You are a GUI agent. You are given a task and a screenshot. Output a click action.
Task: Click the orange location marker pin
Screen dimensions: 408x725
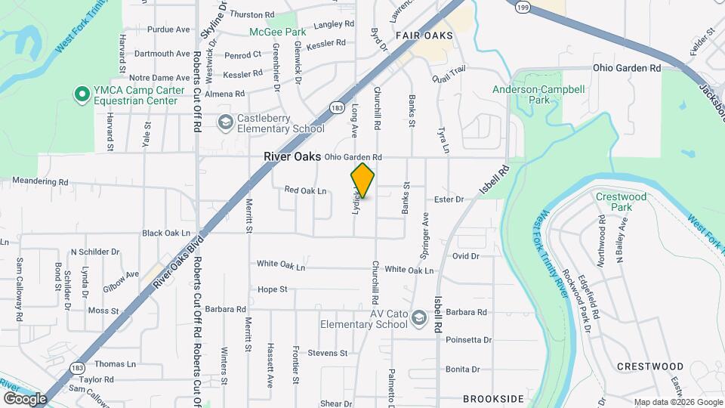(362, 181)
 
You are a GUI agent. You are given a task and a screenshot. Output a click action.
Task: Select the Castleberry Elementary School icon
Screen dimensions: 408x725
(224, 122)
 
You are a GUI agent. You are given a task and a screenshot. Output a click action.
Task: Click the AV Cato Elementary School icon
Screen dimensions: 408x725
(418, 318)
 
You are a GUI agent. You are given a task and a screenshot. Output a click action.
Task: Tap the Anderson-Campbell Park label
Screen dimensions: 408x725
(538, 94)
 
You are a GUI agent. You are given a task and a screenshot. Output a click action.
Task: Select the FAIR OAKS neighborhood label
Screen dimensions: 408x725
(424, 36)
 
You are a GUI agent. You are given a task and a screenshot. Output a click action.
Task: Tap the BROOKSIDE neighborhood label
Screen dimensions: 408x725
(493, 398)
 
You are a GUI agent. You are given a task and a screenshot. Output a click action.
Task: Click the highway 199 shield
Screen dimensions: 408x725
(522, 7)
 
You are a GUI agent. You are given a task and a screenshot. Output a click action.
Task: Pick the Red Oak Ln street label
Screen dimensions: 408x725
(305, 191)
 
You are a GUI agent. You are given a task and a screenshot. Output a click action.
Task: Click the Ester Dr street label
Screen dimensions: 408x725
(449, 199)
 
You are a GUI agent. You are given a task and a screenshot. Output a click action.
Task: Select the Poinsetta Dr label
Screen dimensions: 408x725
(468, 340)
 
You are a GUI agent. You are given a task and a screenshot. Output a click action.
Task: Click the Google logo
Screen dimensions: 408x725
(25, 399)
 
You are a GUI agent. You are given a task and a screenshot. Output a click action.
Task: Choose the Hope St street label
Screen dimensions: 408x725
(273, 289)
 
